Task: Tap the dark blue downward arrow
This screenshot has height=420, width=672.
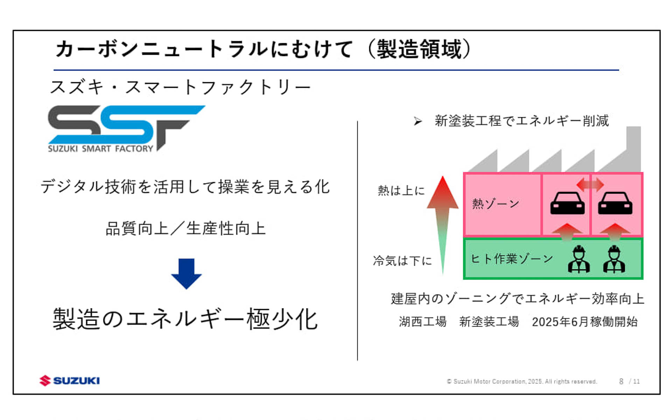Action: tap(186, 273)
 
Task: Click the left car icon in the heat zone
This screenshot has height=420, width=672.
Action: tap(567, 203)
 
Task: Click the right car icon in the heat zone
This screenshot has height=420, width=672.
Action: tap(615, 203)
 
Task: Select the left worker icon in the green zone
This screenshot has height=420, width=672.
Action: tap(579, 259)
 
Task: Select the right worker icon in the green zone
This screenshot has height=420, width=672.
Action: tap(614, 259)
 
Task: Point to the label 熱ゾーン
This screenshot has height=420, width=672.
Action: tap(496, 203)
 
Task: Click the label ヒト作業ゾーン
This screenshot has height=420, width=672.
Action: tap(512, 259)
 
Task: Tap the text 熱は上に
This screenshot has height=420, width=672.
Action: tap(401, 191)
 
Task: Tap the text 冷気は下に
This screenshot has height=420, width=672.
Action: tap(402, 261)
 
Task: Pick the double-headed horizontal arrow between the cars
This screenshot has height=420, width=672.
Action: tap(590, 184)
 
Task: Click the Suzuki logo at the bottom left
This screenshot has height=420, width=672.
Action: tap(70, 380)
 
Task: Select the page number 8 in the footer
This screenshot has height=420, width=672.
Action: tap(621, 381)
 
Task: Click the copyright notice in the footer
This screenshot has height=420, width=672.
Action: tap(521, 381)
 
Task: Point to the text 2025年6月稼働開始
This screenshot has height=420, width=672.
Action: tap(584, 322)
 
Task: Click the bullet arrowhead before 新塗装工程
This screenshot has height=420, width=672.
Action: tap(418, 121)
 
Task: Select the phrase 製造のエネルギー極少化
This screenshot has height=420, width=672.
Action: tap(185, 319)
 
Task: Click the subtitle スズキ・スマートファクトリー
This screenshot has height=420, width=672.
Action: tap(181, 87)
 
